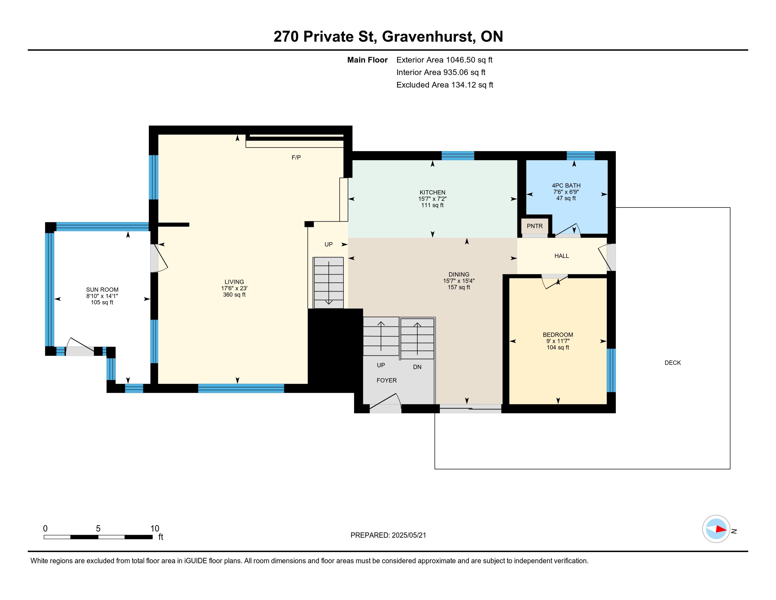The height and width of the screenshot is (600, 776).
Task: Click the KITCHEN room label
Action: (432, 192)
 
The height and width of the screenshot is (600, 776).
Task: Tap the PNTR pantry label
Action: (534, 226)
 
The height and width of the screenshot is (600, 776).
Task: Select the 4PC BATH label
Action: (566, 186)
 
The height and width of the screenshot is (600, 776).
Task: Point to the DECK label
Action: (673, 362)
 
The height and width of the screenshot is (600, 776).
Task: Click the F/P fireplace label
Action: (296, 157)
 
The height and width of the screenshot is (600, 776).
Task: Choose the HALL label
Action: (562, 256)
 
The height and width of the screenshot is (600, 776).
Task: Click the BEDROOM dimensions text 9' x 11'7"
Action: (558, 341)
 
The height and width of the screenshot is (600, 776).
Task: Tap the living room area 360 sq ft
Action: (234, 295)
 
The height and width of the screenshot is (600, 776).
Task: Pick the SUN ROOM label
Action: (102, 290)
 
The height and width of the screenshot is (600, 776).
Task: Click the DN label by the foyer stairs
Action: (417, 367)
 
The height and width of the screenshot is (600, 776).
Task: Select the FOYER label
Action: (387, 380)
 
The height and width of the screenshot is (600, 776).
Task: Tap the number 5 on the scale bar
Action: (98, 529)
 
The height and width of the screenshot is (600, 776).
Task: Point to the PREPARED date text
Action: (388, 535)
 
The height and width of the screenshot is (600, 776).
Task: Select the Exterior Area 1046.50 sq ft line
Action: (444, 60)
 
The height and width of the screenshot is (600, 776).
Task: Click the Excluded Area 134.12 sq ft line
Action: (444, 85)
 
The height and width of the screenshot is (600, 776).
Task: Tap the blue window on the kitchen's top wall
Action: (457, 156)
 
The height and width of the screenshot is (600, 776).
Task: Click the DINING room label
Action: (459, 274)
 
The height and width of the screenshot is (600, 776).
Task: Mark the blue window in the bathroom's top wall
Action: (581, 156)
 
